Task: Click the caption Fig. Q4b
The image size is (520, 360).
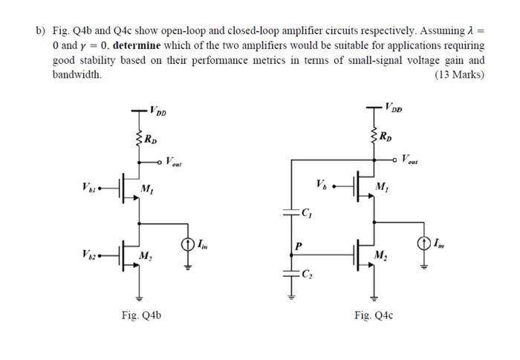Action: tap(141, 315)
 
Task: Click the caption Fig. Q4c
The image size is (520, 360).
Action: tap(374, 315)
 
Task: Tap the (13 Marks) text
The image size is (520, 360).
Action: tap(458, 75)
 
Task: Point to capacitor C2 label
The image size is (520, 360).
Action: tap(306, 275)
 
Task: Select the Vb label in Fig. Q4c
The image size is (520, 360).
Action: tap(320, 182)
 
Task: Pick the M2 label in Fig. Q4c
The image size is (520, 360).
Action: tap(380, 257)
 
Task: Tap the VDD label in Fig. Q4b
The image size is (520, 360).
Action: tap(157, 112)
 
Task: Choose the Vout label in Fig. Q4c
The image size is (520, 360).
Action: tap(410, 159)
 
